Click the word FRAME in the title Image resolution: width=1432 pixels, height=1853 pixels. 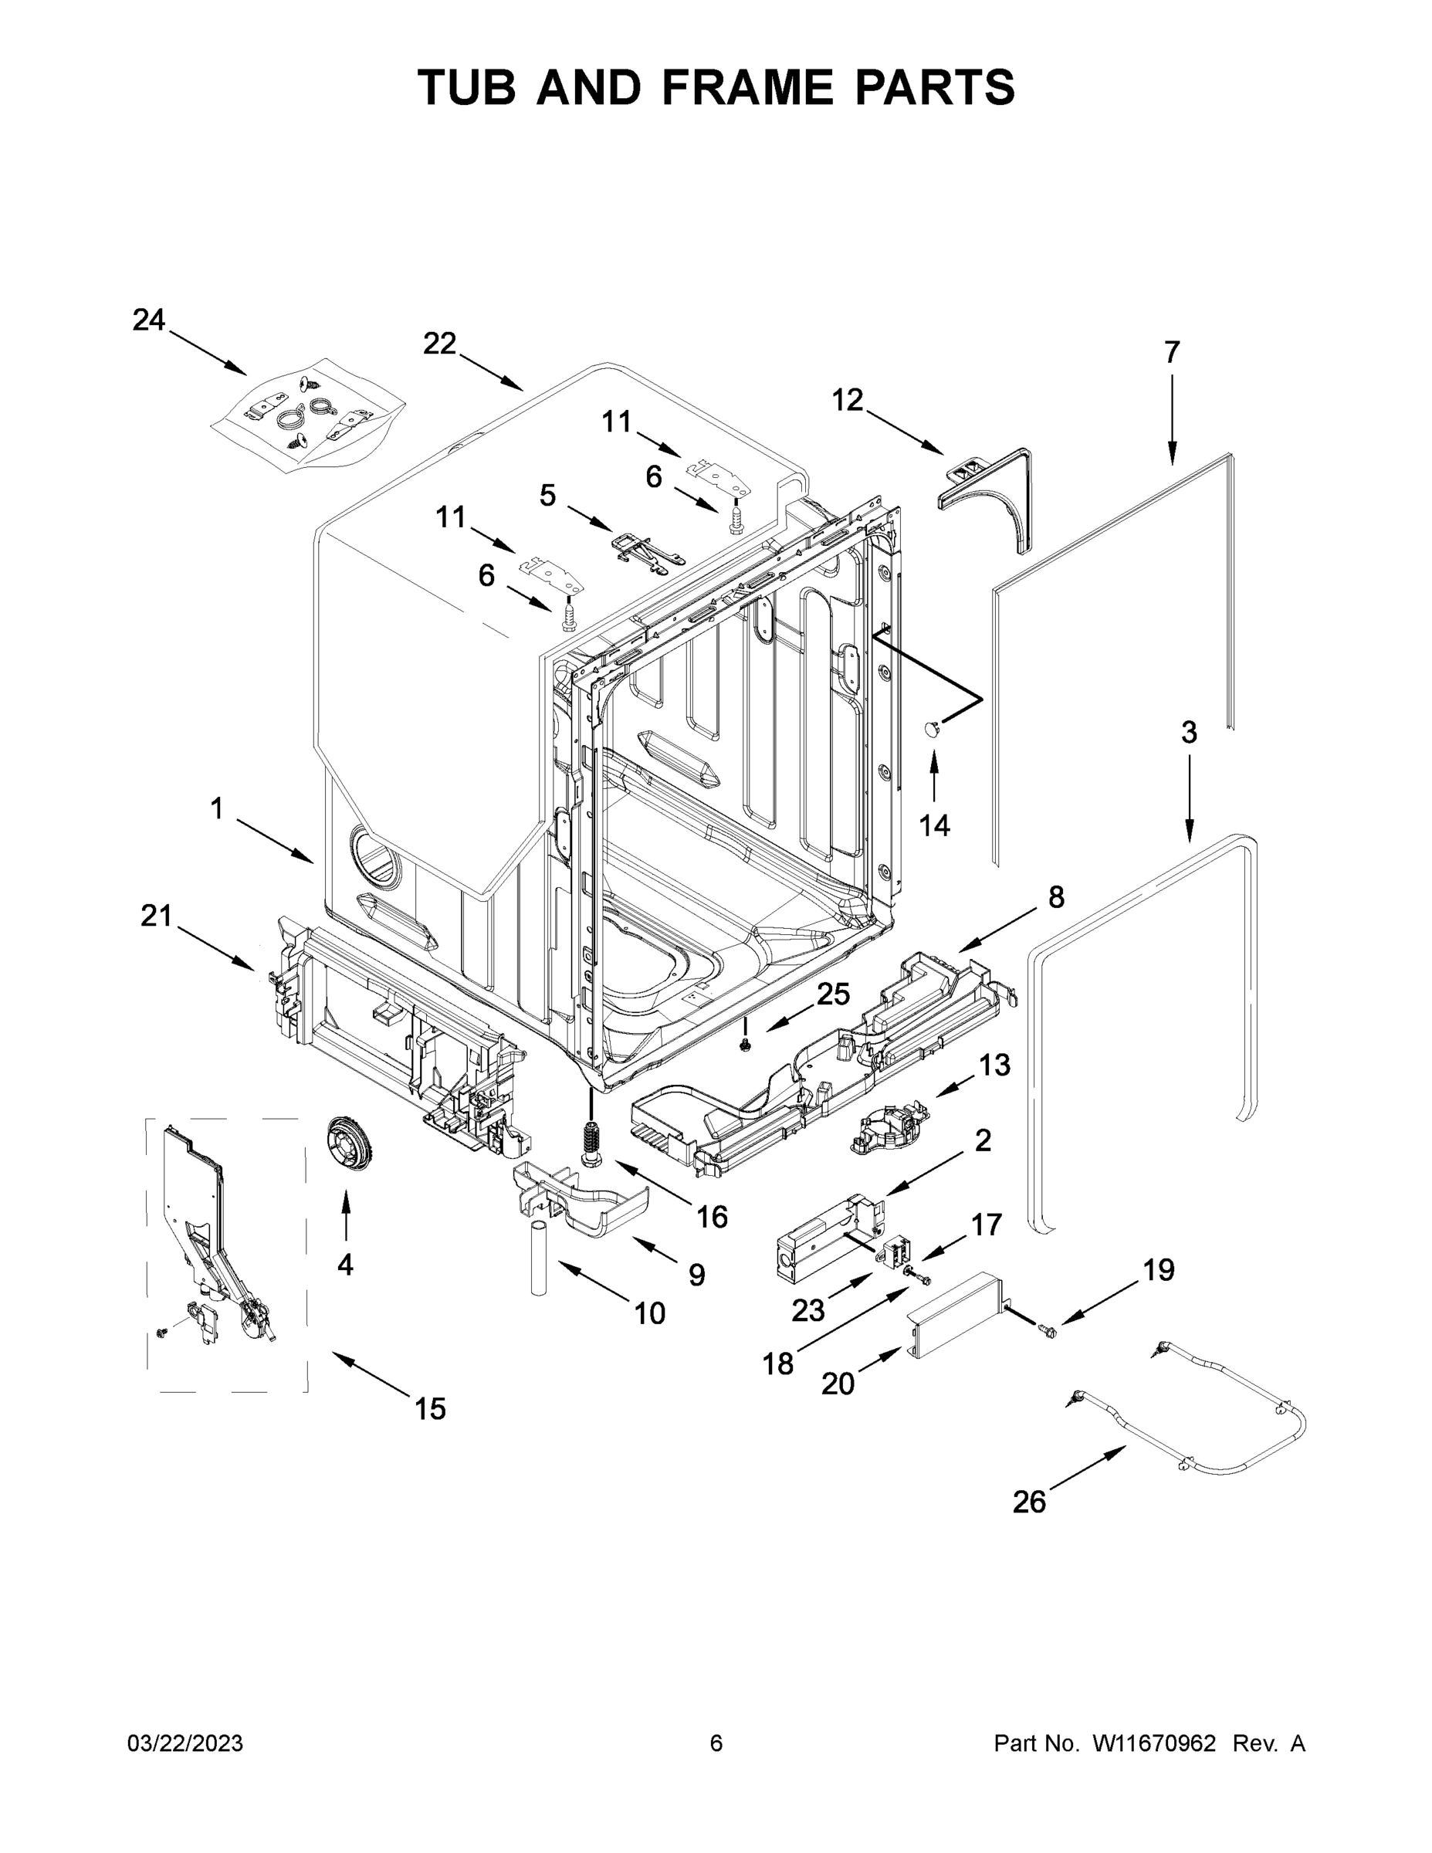[749, 87]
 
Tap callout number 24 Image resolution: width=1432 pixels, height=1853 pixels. [148, 320]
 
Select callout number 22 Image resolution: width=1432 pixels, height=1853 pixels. [439, 344]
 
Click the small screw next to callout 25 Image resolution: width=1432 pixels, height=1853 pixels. [746, 1045]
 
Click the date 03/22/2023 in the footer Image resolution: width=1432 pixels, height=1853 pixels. [185, 1743]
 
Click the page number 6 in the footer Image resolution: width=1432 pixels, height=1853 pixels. [716, 1743]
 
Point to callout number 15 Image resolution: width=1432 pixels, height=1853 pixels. [430, 1408]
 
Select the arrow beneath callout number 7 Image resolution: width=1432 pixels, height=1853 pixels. [1172, 419]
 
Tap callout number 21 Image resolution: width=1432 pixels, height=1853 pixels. [156, 916]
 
